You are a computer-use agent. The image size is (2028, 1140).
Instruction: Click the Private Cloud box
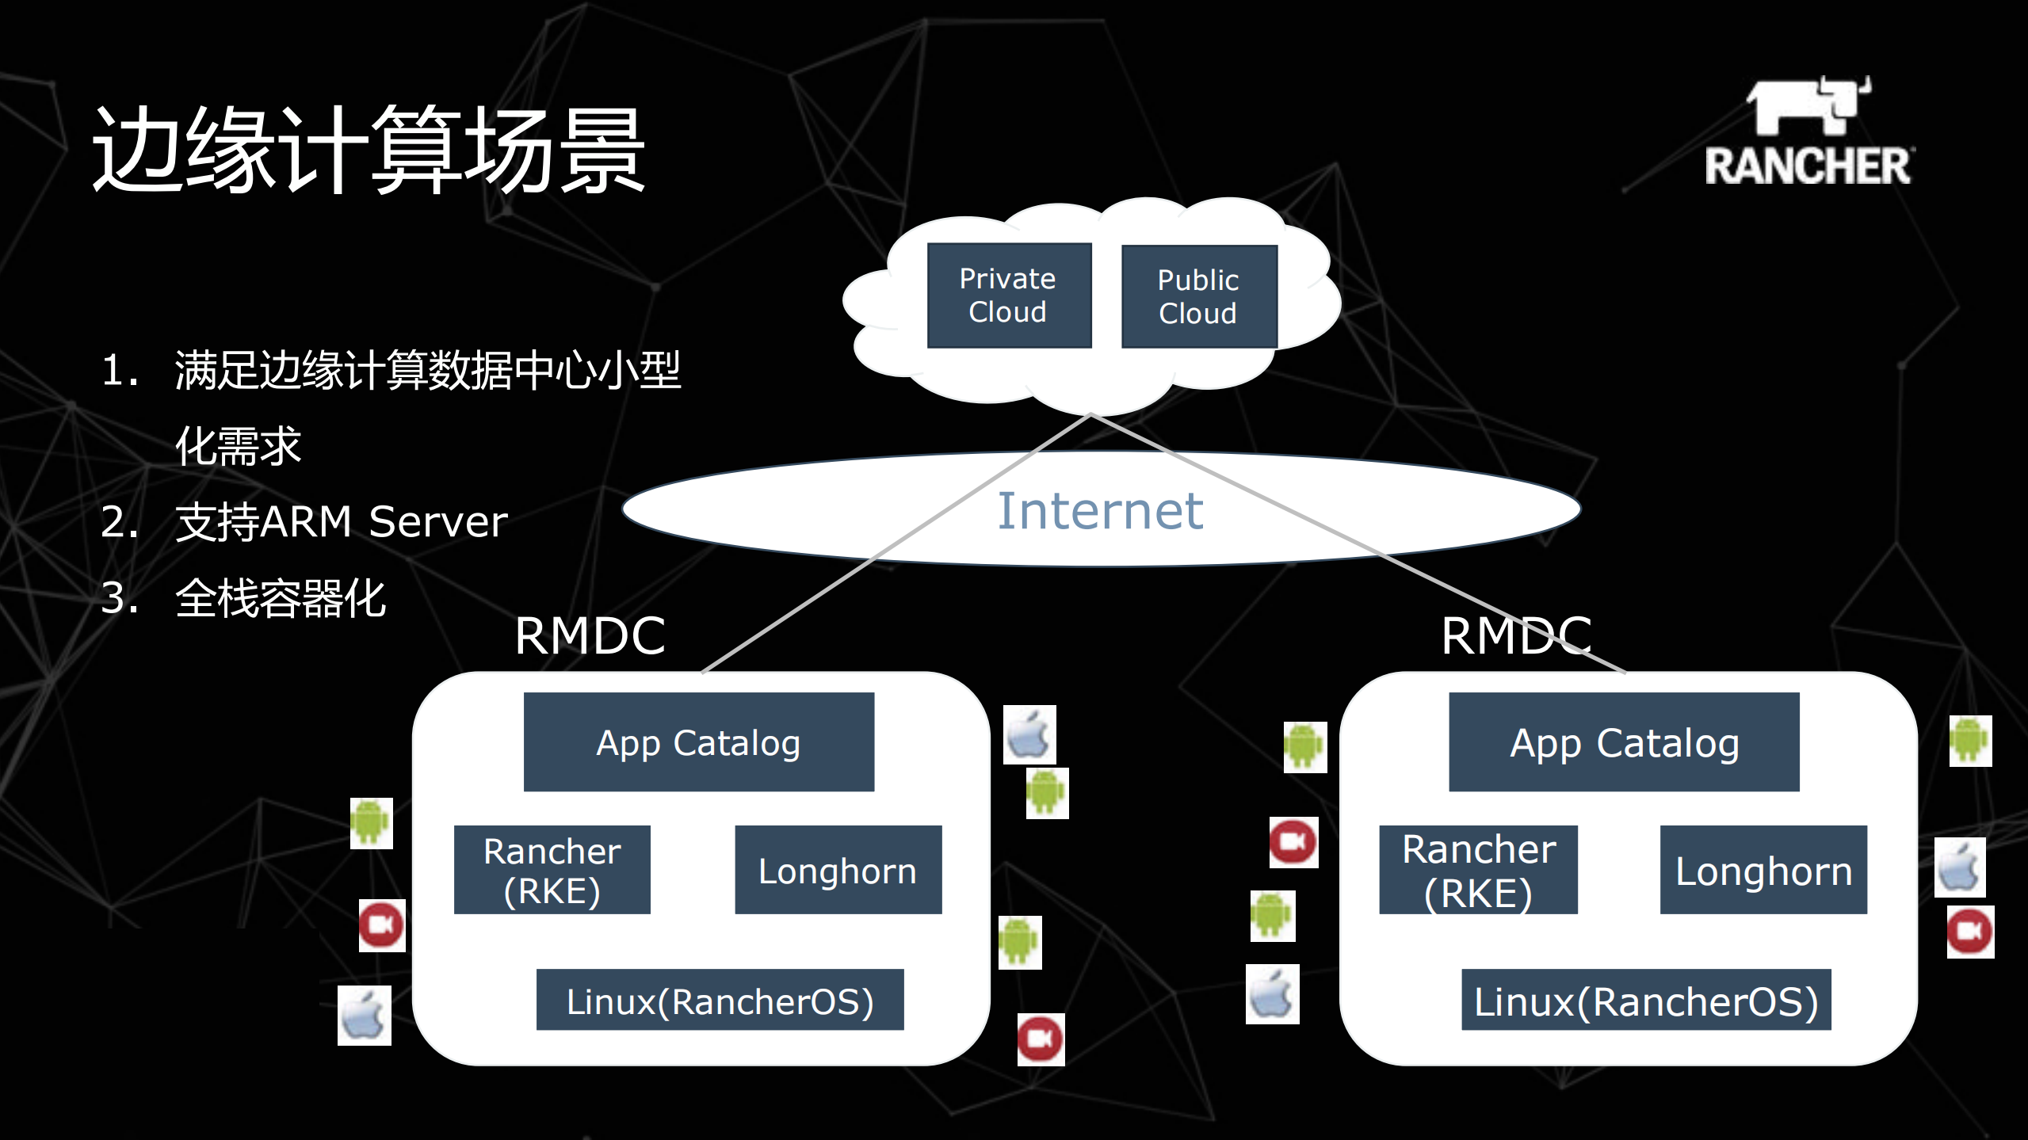(1009, 295)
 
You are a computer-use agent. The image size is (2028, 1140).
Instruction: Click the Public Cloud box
(1198, 297)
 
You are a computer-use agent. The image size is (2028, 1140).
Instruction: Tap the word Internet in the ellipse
(1100, 511)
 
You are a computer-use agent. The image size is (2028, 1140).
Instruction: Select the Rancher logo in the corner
(1808, 132)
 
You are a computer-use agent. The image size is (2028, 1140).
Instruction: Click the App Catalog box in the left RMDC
(698, 742)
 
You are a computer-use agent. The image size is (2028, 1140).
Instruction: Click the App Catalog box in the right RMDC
(1624, 742)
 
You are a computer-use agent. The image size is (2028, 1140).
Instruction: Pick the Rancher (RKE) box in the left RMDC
(552, 870)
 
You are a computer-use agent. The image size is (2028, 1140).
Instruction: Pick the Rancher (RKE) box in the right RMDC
(1478, 870)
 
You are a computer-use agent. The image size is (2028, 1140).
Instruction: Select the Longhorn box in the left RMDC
(838, 870)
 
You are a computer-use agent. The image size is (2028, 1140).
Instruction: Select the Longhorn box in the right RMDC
(1763, 870)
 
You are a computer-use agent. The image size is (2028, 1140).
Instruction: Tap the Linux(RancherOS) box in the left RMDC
(720, 1000)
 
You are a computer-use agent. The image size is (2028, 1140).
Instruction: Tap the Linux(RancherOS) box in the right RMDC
(1646, 1000)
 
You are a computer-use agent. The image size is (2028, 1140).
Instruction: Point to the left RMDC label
(590, 635)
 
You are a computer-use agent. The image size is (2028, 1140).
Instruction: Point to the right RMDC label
(1516, 635)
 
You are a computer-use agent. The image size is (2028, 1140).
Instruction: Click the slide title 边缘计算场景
(369, 151)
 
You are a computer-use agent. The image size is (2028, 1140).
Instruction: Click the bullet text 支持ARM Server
(341, 521)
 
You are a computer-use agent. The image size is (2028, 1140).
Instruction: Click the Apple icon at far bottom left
(364, 1016)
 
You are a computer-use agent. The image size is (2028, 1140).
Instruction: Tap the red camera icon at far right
(1970, 932)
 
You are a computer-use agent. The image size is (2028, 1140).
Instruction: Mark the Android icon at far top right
(1970, 741)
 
